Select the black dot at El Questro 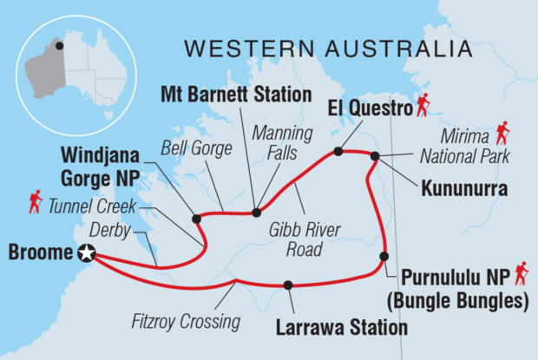[338, 151]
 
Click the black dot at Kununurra [375, 156]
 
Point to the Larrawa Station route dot [288, 285]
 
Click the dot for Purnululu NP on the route [383, 256]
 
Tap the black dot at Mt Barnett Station [256, 212]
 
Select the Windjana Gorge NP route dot [196, 218]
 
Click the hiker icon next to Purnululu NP [521, 275]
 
